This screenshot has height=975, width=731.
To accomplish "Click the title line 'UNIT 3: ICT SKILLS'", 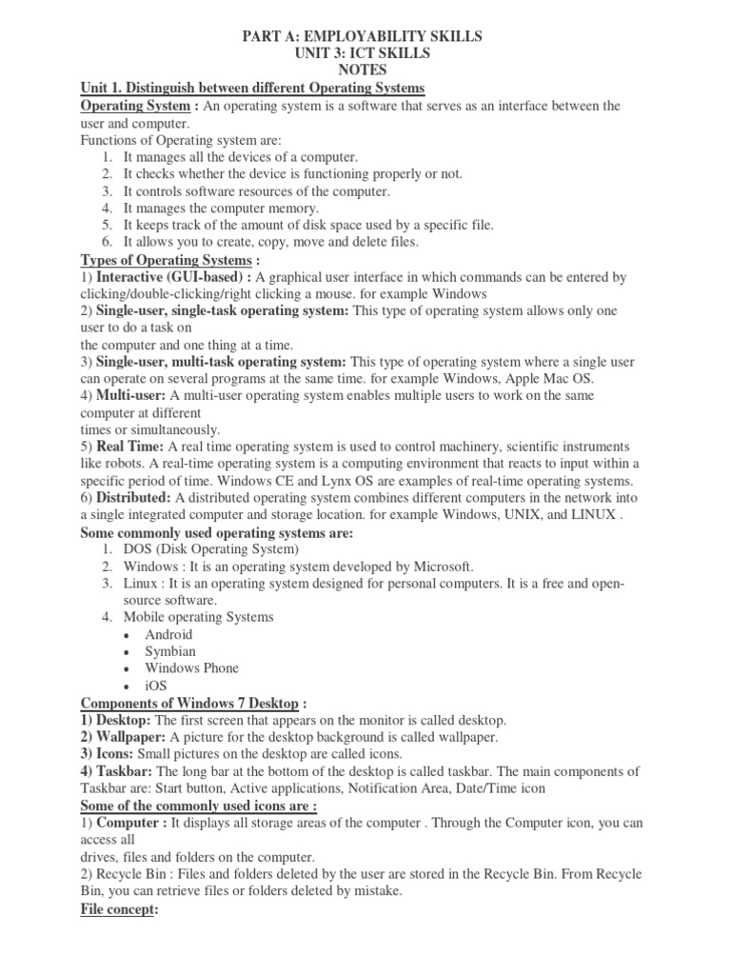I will point(365,53).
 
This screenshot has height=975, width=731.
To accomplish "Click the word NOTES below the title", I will point(365,70).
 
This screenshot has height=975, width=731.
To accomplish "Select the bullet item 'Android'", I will point(168,634).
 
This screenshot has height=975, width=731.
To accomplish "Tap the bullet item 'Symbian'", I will point(170,651).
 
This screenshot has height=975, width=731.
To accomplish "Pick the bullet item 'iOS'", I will point(157,686).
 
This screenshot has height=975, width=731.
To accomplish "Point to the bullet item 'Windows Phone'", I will point(191,668).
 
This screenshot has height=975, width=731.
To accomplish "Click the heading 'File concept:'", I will point(119,909).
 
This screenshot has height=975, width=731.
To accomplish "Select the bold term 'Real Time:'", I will point(125,447).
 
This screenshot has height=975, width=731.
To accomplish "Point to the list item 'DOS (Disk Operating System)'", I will point(210,549).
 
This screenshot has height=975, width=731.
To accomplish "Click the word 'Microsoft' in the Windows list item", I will point(443,567).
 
